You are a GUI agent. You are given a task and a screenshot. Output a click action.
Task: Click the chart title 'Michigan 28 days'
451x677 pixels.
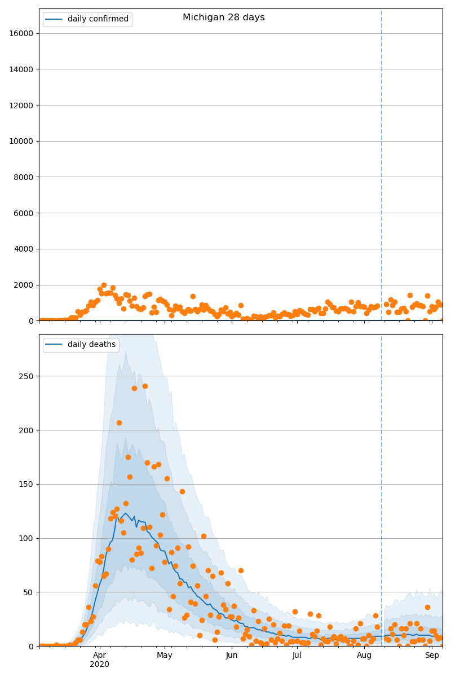(x=223, y=17)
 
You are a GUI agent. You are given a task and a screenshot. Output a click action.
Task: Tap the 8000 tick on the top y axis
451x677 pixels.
(x=24, y=177)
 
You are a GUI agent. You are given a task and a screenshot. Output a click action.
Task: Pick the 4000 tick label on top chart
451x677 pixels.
(x=24, y=249)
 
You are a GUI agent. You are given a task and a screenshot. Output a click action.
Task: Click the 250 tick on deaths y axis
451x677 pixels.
(x=27, y=376)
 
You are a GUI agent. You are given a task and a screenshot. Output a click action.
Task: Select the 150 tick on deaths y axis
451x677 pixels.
(x=27, y=484)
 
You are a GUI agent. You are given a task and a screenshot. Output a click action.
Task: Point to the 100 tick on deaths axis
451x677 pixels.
(x=27, y=538)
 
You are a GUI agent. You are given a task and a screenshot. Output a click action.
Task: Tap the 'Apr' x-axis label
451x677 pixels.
(x=99, y=656)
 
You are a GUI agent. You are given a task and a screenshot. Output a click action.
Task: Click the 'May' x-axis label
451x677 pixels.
(x=165, y=656)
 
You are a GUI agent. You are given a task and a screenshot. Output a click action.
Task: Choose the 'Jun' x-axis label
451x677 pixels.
(x=232, y=656)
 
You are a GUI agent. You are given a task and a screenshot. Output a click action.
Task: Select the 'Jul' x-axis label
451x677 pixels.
(x=297, y=656)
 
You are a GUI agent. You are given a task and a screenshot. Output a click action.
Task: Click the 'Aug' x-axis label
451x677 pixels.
(x=364, y=656)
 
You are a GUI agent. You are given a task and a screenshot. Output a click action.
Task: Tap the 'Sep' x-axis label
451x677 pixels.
(x=432, y=656)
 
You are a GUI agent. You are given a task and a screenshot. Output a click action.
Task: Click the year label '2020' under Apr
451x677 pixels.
(x=99, y=665)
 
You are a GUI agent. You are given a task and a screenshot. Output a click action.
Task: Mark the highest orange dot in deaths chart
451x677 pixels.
(x=145, y=386)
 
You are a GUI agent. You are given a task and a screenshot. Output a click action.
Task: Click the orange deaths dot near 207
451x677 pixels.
(x=119, y=423)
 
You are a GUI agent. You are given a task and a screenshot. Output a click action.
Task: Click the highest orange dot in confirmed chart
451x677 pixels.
(x=104, y=285)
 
